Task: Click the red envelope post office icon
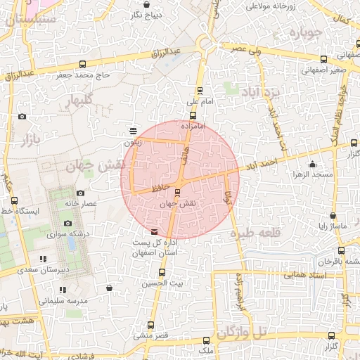(x=155, y=231)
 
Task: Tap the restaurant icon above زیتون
(x=133, y=131)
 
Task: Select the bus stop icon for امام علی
(x=200, y=90)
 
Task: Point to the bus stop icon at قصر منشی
(x=150, y=325)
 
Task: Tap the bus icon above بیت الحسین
(x=162, y=272)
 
